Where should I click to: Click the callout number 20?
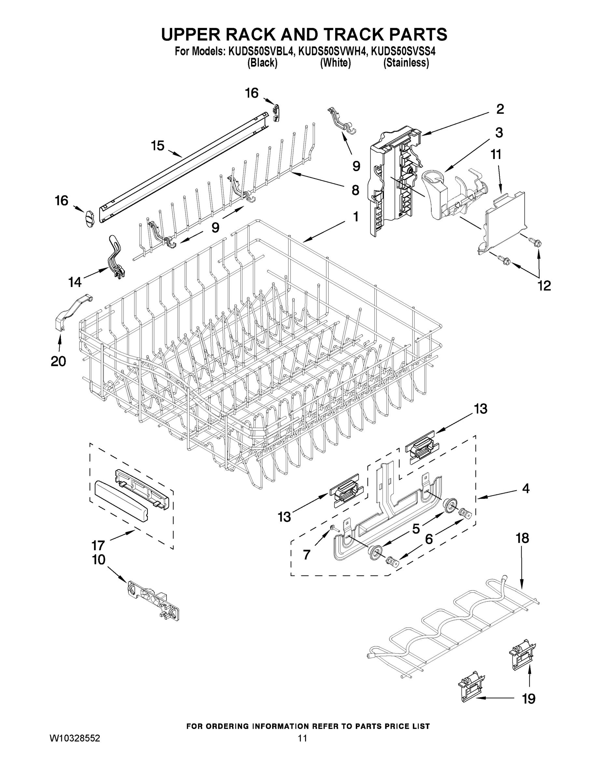tap(58, 361)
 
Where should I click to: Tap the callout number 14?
tap(75, 282)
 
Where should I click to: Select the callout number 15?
tap(158, 146)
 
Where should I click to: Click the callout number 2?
tap(500, 109)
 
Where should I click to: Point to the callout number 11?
tap(496, 155)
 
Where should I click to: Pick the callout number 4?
tap(525, 488)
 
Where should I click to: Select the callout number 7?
tap(307, 555)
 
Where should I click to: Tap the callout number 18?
tap(522, 538)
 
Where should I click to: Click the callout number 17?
tap(98, 546)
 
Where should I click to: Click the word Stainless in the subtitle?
tap(406, 63)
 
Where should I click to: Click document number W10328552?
tap(75, 738)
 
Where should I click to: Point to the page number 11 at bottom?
tap(302, 738)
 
